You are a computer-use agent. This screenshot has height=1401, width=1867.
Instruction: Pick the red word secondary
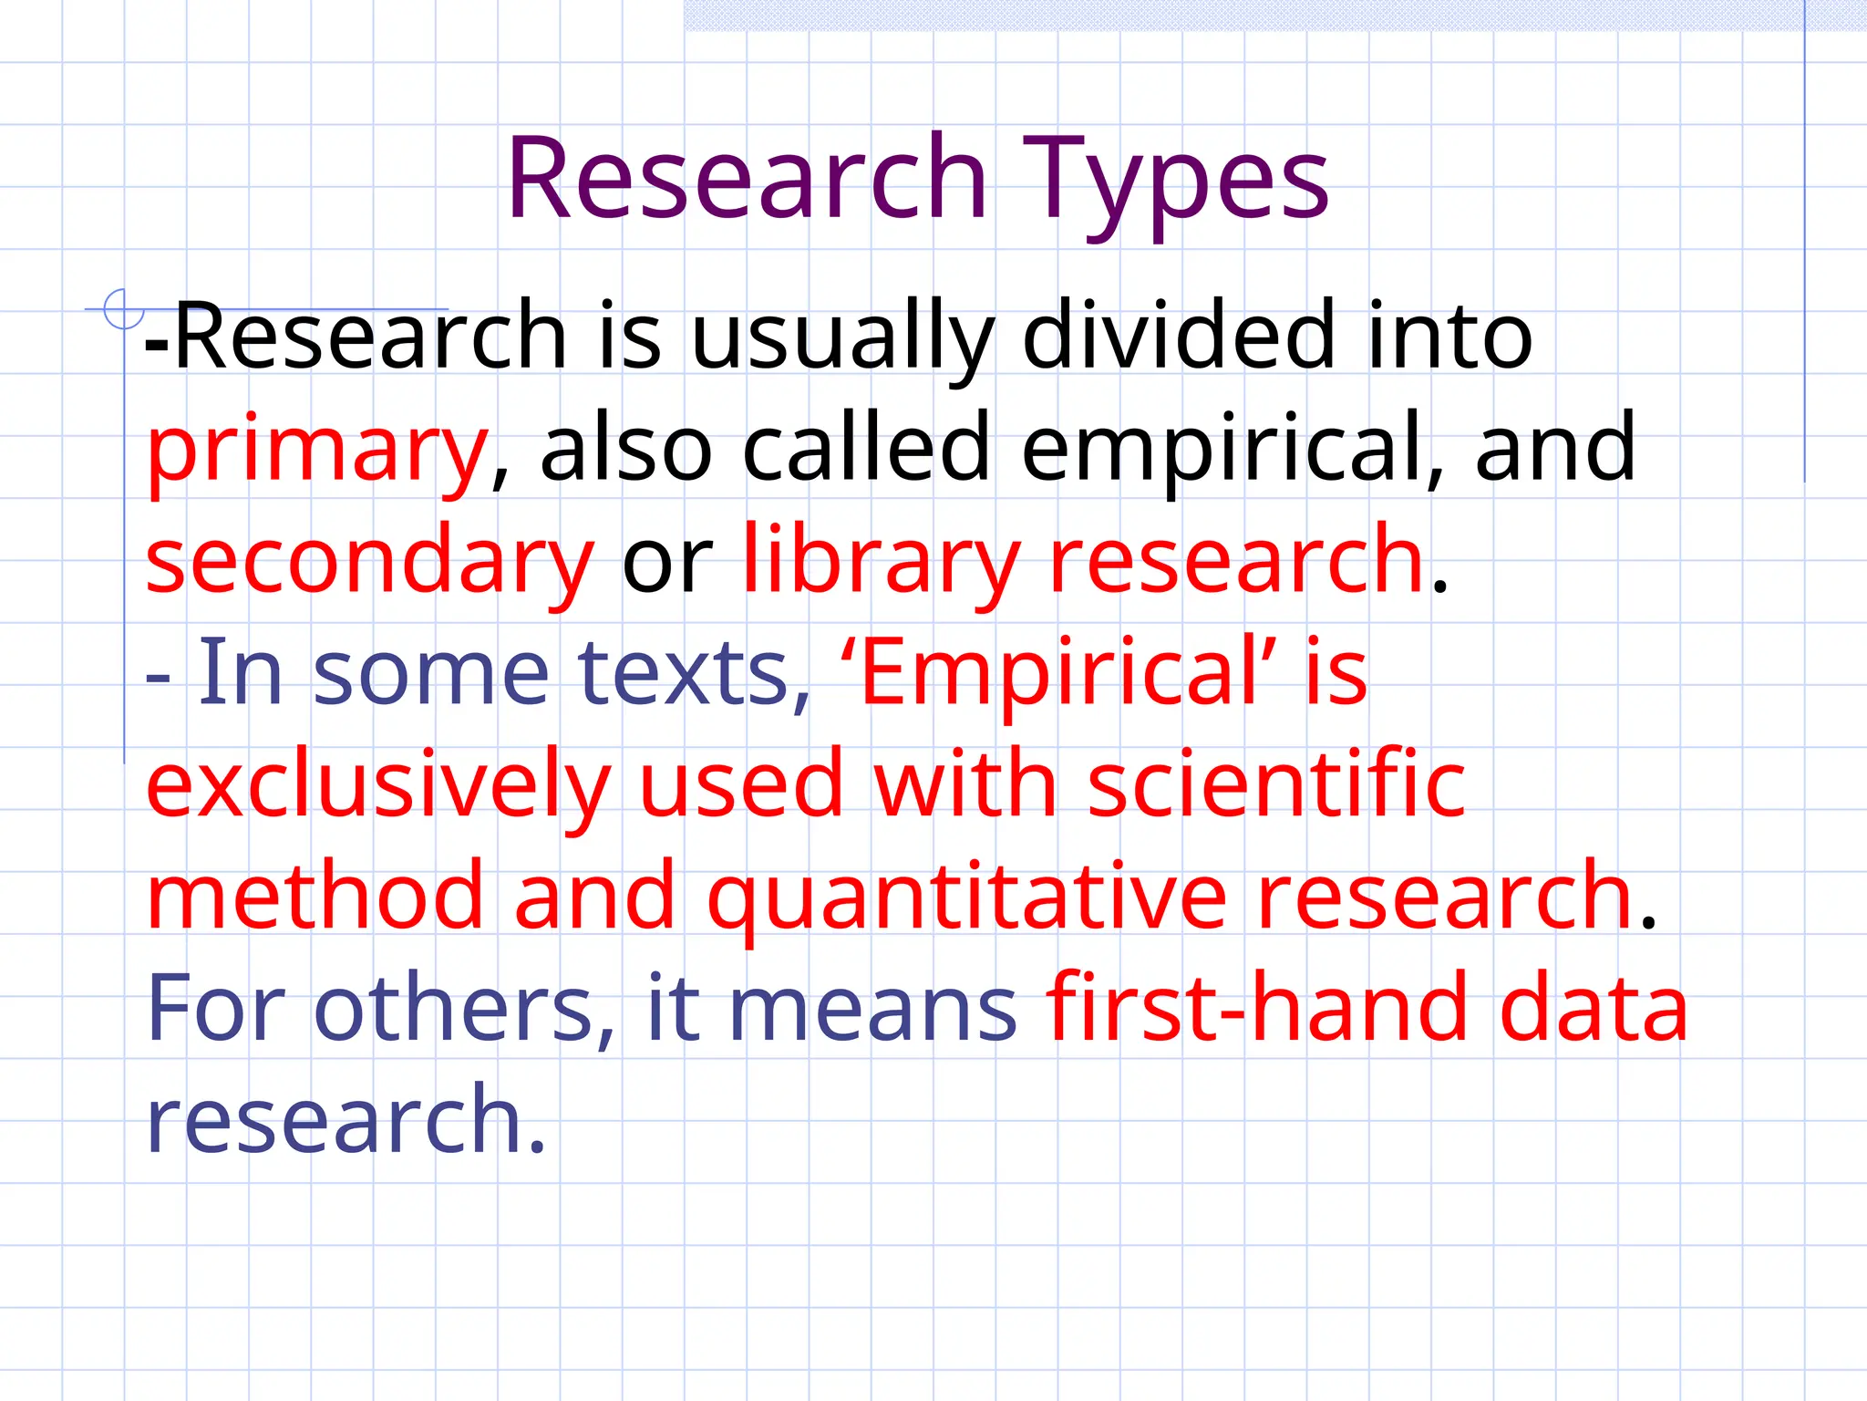click(x=369, y=561)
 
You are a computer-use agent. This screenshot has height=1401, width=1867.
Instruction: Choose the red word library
click(x=881, y=561)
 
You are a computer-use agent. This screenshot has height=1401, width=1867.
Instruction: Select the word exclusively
click(x=377, y=785)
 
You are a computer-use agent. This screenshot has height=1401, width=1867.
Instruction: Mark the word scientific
click(x=1276, y=784)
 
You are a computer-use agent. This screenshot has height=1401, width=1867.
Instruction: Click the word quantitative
click(x=966, y=898)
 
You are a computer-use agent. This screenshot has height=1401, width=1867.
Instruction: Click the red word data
click(x=1594, y=1008)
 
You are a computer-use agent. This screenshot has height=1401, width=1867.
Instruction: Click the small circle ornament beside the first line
click(x=123, y=309)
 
